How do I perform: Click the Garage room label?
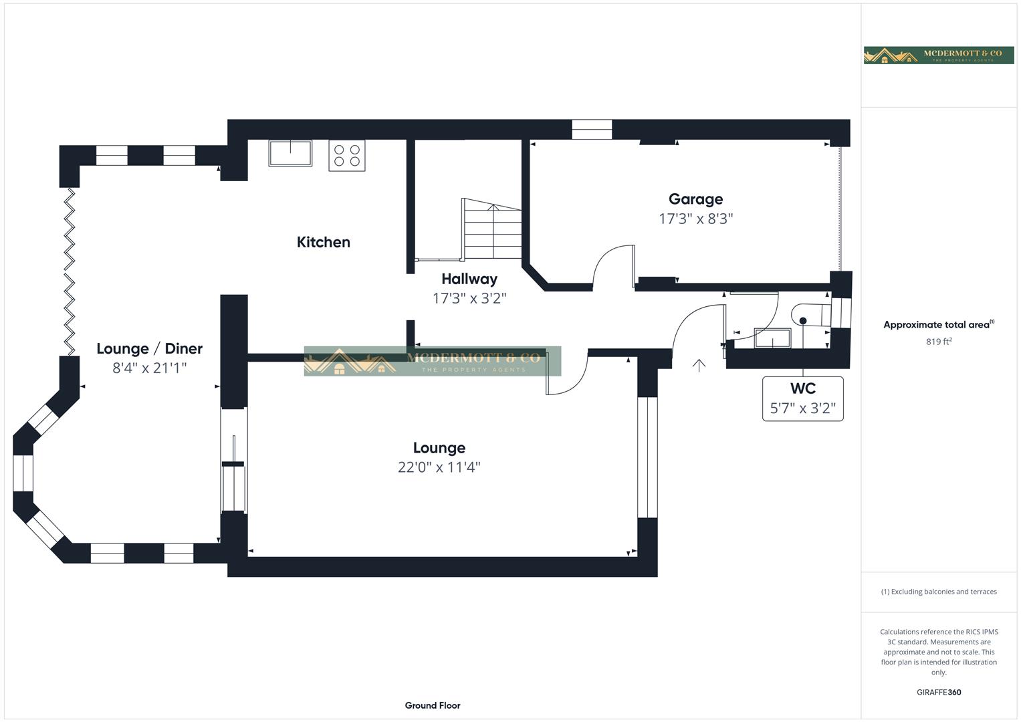695,199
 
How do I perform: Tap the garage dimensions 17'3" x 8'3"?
695,219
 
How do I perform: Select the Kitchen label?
323,242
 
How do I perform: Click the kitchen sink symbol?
290,153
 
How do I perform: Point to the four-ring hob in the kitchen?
347,156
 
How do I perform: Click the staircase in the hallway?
492,229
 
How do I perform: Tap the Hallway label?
469,279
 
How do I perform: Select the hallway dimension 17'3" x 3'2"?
469,298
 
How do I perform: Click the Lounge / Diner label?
149,348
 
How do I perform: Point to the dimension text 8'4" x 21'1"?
149,368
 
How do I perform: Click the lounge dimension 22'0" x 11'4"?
439,467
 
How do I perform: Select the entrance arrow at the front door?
699,365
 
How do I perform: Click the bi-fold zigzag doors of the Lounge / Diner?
70,271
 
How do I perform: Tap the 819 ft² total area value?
938,342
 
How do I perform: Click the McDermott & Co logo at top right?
938,55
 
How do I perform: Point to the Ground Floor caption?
432,705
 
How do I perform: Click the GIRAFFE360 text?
938,693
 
